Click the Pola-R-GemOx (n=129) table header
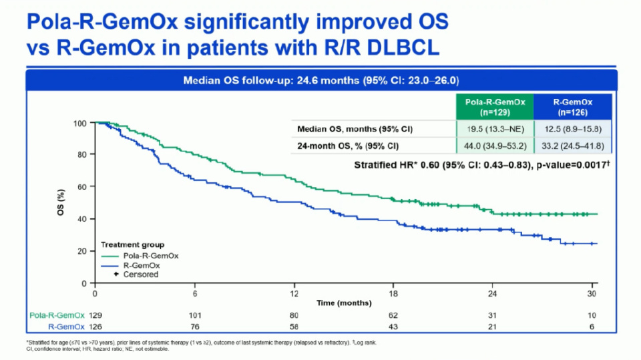[495, 107]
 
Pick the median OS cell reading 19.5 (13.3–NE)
[495, 128]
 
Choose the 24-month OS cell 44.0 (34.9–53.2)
[495, 146]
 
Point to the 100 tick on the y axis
[81, 123]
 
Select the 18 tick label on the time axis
[393, 294]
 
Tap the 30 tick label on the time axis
[592, 294]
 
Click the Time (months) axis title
[345, 303]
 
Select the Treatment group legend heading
[133, 245]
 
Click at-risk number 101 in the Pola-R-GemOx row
[194, 315]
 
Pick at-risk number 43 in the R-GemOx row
[393, 326]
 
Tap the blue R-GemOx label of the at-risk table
[66, 326]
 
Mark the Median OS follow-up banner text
[320, 81]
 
